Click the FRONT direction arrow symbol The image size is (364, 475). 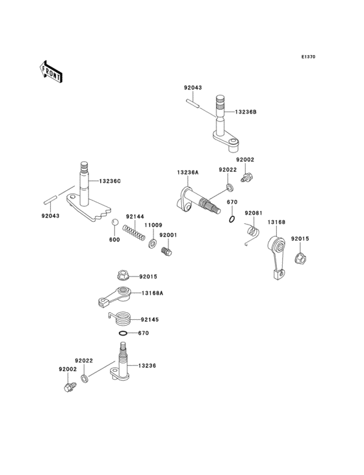51,71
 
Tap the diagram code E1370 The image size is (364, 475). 308,57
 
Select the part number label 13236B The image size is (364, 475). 246,112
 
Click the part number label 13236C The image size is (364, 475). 110,180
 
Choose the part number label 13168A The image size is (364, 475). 152,293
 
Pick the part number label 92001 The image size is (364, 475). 168,234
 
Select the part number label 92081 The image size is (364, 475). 253,213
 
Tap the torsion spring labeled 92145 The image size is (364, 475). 122,318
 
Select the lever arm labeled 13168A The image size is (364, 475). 116,296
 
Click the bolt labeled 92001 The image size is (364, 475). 168,249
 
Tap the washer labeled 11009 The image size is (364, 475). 153,244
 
